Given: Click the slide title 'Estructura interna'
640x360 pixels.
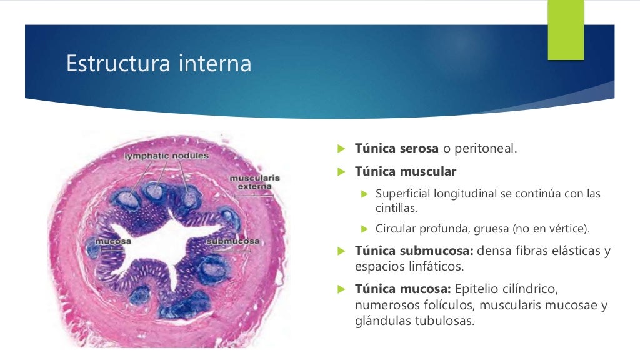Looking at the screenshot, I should click(x=159, y=64).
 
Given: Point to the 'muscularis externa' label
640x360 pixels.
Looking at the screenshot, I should click(x=255, y=182).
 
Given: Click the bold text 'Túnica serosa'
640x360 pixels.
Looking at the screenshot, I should click(x=397, y=149).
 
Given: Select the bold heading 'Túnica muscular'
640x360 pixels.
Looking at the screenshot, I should click(x=406, y=171).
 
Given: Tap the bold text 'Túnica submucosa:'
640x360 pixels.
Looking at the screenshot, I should click(x=414, y=251).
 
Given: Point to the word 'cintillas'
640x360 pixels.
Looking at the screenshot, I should click(x=396, y=207).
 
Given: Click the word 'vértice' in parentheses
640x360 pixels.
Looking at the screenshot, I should click(x=565, y=229).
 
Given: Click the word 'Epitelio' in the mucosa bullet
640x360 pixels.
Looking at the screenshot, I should click(x=478, y=289).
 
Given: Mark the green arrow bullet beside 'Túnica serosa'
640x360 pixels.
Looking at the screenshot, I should click(x=341, y=149).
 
